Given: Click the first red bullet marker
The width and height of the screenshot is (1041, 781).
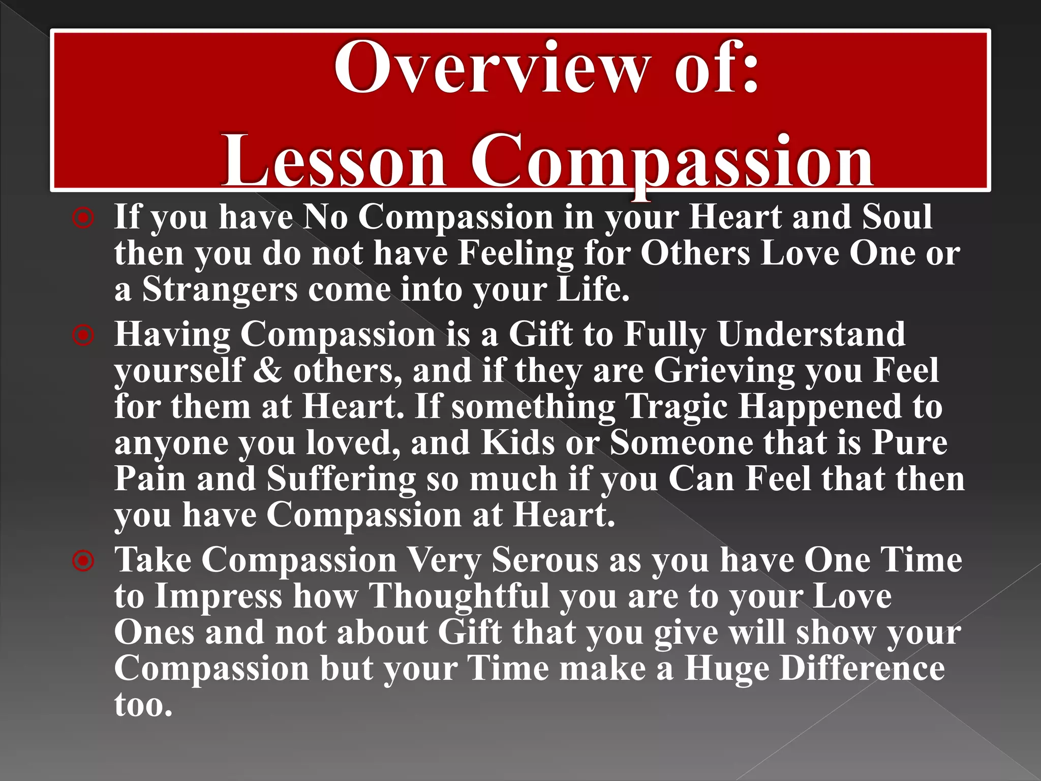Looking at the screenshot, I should (83, 219).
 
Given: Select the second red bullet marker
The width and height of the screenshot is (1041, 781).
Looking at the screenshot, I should (83, 336).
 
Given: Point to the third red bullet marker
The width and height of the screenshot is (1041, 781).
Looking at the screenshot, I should (83, 561).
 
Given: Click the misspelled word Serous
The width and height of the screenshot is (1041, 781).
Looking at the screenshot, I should (545, 560).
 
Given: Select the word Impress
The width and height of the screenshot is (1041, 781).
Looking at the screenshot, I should (218, 597).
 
